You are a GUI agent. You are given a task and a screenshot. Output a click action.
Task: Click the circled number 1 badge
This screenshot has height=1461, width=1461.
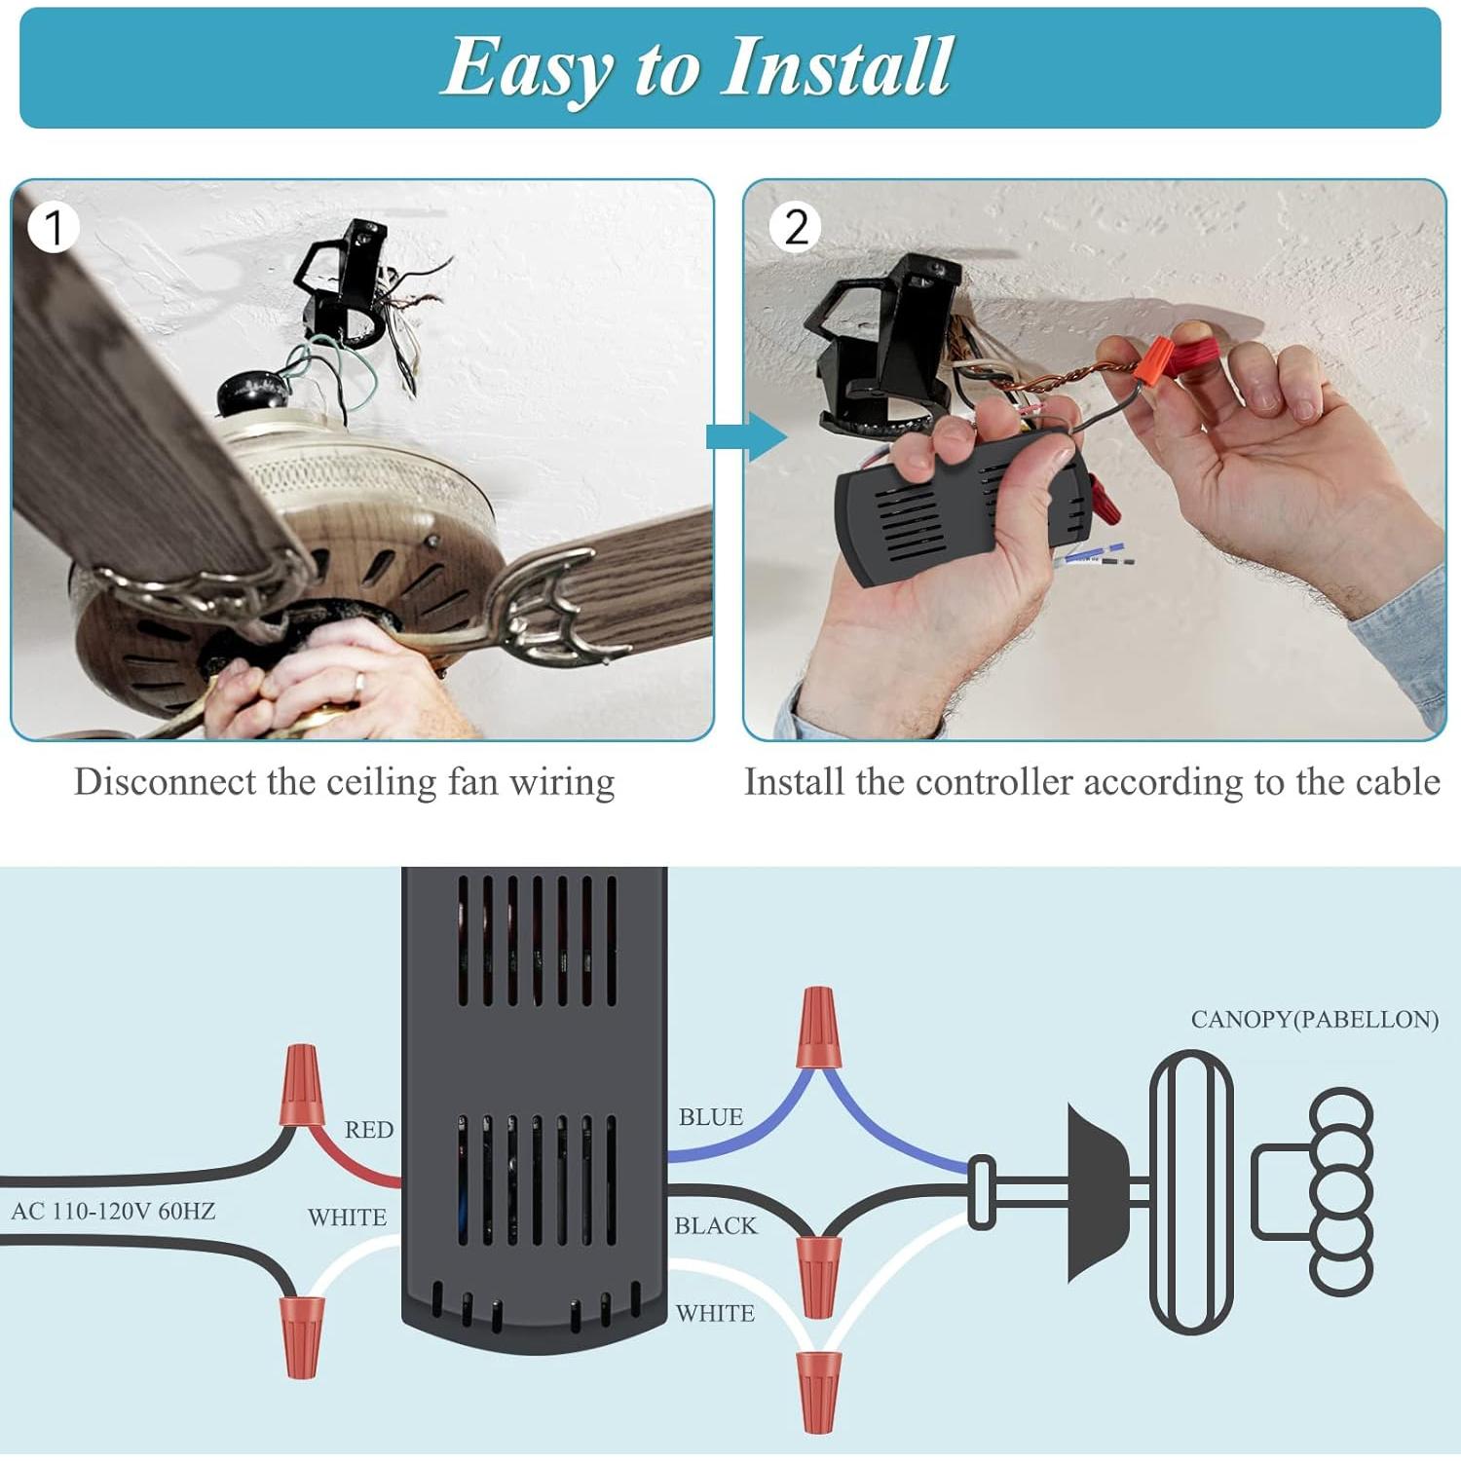click(x=54, y=227)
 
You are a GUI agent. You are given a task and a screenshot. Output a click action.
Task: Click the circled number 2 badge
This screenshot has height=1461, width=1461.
click(x=795, y=227)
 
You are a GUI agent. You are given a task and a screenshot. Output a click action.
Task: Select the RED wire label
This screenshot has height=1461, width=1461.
click(x=368, y=1130)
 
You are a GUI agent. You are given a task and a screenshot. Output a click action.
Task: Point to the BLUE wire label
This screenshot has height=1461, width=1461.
click(x=710, y=1117)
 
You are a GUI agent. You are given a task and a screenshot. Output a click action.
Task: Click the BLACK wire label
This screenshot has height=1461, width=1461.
click(x=715, y=1225)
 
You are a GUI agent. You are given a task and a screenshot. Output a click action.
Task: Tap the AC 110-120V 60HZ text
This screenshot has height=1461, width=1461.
click(x=113, y=1212)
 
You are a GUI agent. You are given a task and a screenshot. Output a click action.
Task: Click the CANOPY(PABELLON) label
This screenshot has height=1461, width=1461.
click(x=1314, y=1020)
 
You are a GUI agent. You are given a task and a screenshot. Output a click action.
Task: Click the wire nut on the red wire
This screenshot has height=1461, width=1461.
click(x=301, y=1085)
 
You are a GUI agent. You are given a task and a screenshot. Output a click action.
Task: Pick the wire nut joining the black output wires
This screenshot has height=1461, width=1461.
click(x=818, y=1275)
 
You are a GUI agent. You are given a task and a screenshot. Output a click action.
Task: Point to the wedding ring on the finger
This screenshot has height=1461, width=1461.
click(x=358, y=685)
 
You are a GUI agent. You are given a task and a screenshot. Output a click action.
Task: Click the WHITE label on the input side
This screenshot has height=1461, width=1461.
click(x=347, y=1217)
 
